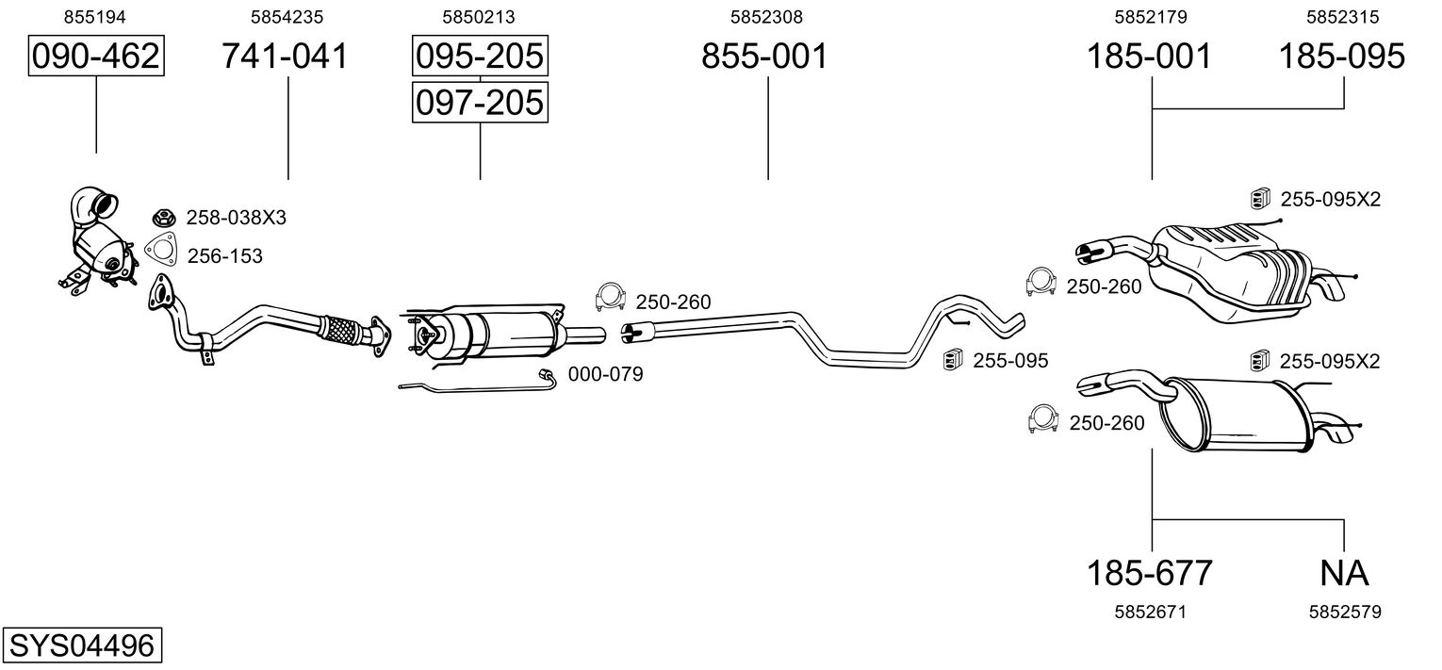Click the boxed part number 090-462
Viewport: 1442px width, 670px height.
tap(96, 56)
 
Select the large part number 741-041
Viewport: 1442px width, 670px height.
tap(286, 56)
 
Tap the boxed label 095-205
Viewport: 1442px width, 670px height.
tap(480, 56)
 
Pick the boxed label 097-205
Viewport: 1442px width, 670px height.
tap(480, 103)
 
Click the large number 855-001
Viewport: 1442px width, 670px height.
tap(764, 56)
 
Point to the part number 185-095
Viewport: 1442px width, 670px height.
tap(1341, 56)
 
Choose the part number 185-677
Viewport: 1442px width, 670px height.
tap(1150, 573)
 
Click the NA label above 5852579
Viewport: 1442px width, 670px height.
tap(1344, 573)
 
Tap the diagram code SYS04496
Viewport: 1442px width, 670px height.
tap(82, 645)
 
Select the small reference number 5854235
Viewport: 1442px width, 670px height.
tap(287, 17)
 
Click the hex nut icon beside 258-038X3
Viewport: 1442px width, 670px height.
tap(165, 218)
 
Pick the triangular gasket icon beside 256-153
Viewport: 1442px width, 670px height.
tap(161, 251)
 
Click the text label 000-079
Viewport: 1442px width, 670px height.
tap(605, 374)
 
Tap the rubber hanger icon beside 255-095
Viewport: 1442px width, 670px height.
tap(953, 360)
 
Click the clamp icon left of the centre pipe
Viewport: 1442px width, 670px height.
tap(611, 297)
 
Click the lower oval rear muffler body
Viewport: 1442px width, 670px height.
tap(1236, 416)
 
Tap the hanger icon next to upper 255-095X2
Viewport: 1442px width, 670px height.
tap(1260, 199)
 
